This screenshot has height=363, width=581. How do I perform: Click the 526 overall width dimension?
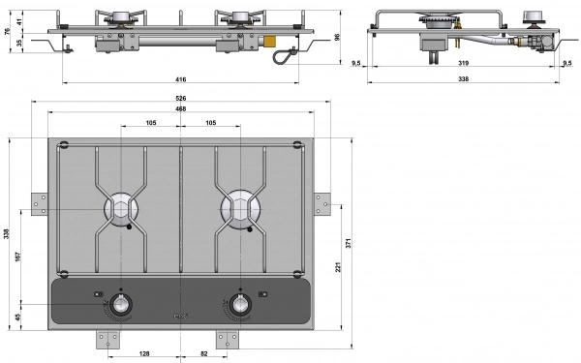pyautogui.click(x=180, y=98)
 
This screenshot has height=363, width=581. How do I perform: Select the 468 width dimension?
pyautogui.click(x=180, y=108)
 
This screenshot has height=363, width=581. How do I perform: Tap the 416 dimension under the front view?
pyautogui.click(x=180, y=79)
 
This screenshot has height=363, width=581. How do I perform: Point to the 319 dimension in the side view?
pyautogui.click(x=463, y=63)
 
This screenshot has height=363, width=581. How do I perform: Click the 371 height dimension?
pyautogui.click(x=349, y=243)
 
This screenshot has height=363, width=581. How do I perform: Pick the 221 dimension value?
pyautogui.click(x=338, y=267)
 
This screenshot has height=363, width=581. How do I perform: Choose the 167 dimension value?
pyautogui.click(x=17, y=257)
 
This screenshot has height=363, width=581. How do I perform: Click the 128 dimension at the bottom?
pyautogui.click(x=143, y=353)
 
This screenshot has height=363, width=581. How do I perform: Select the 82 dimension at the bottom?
pyautogui.click(x=204, y=353)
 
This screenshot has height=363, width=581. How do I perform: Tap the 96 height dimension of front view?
pyautogui.click(x=337, y=37)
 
